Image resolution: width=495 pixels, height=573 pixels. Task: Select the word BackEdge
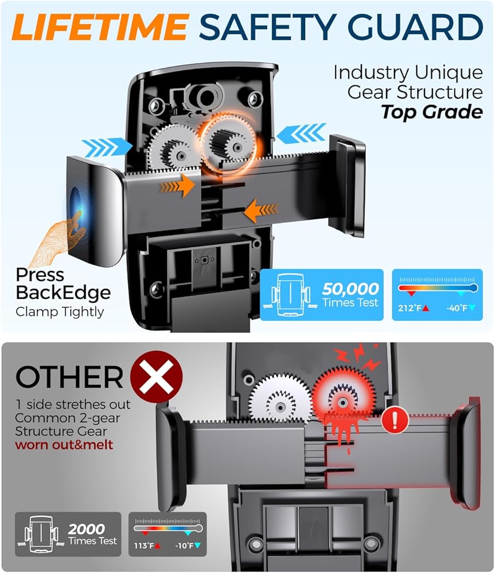63,293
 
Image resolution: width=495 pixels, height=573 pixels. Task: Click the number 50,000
350,289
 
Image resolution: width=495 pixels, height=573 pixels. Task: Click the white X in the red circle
156,378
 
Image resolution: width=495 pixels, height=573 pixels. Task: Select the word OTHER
69,377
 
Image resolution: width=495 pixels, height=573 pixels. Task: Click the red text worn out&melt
64,445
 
